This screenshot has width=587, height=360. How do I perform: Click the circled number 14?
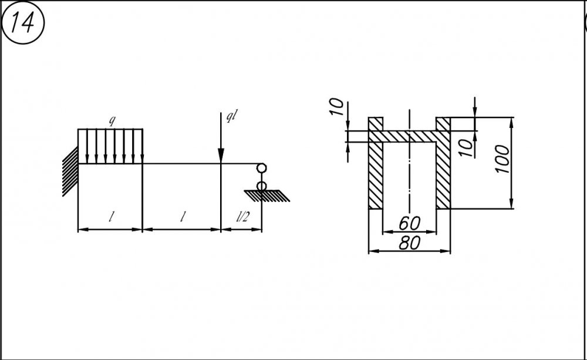(x=23, y=23)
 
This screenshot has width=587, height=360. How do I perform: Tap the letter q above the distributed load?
(x=112, y=120)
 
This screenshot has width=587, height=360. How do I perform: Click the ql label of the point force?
(x=231, y=116)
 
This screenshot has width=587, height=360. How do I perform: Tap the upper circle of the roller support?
(x=261, y=168)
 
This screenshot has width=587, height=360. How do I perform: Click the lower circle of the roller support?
(x=261, y=186)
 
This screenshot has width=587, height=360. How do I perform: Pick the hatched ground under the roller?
(x=266, y=196)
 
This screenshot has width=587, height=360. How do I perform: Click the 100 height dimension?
(x=503, y=159)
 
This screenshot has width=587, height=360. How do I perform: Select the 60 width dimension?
(x=409, y=223)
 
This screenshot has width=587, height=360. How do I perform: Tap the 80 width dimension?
(x=409, y=243)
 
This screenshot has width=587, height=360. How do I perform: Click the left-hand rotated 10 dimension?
(x=337, y=107)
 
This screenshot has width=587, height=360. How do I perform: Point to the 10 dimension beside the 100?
(x=465, y=148)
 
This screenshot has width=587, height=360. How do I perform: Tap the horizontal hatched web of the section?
(x=410, y=136)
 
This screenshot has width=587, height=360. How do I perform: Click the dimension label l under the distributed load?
(x=111, y=217)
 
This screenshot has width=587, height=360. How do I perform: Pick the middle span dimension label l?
(x=183, y=217)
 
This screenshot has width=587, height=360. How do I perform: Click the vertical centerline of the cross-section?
(x=410, y=161)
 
